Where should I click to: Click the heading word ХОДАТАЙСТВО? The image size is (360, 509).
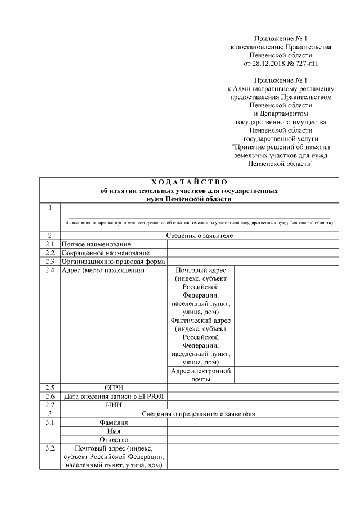(x=189, y=182)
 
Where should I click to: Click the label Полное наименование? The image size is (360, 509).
(x=96, y=244)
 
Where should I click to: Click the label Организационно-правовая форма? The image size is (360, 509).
(x=112, y=262)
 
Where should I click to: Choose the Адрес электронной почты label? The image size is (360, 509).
(x=201, y=375)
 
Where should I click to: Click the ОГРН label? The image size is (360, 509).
(x=114, y=388)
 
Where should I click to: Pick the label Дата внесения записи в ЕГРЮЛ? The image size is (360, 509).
(x=114, y=397)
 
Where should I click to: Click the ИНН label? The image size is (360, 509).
(x=114, y=405)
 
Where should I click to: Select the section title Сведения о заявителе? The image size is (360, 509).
(x=199, y=235)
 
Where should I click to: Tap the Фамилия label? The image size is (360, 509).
(x=114, y=422)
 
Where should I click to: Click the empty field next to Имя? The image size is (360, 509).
(x=253, y=431)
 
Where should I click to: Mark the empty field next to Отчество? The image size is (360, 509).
(x=253, y=439)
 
